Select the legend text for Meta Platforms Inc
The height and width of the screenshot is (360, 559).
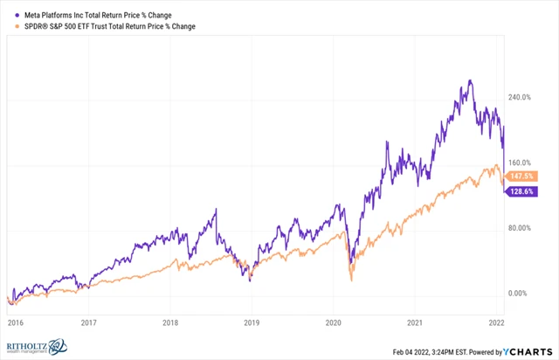coord(103,14)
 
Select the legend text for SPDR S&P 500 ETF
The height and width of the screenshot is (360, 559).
coord(108,26)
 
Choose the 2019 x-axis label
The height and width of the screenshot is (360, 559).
coord(252,322)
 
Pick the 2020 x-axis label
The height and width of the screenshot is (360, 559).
coord(333,322)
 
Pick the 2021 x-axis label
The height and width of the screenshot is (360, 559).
coord(413,322)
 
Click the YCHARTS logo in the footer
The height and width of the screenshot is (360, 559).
coord(523,352)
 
